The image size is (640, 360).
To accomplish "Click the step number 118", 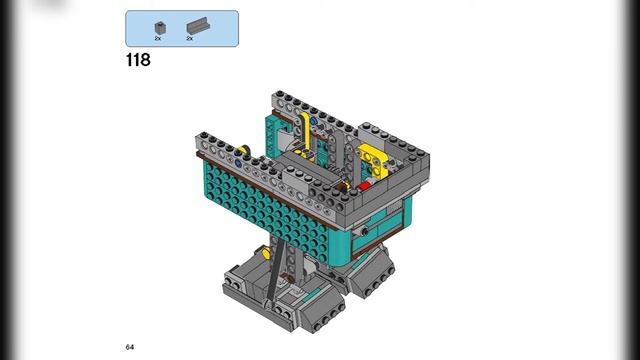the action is tap(138, 60).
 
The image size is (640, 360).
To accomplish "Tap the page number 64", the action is tap(130, 347).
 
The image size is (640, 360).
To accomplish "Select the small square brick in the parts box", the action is tap(160, 28).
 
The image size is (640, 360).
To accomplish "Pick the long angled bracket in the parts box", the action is tap(198, 26).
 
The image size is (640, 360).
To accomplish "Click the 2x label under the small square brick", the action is tap(158, 38).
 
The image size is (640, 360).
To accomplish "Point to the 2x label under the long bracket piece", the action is tap(190, 38).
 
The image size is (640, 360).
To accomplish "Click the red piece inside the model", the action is tap(364, 186).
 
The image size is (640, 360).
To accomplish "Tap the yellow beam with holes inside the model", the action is tap(373, 159).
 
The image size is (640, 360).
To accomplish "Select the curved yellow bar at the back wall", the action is tap(305, 131).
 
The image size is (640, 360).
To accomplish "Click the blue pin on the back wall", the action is tap(313, 121).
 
